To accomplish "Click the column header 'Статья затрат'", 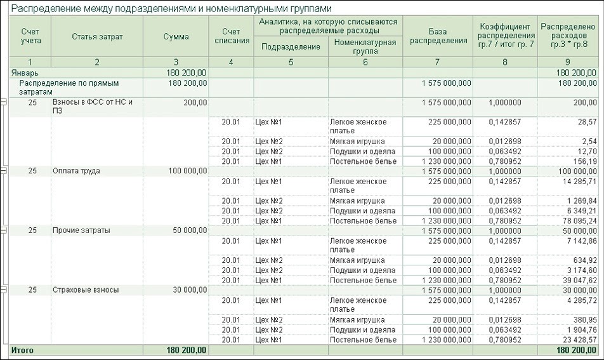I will (97, 36).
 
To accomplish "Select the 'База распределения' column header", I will (438, 36).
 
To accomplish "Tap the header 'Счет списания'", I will (232, 36).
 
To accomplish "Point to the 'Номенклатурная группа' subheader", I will (365, 46).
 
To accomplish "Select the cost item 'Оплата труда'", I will (76, 171).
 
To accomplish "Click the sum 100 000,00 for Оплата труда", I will (185, 171).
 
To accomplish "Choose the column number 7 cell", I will (438, 62).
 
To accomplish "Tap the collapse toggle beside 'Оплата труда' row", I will (4, 171).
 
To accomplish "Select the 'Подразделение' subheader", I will (291, 46).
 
